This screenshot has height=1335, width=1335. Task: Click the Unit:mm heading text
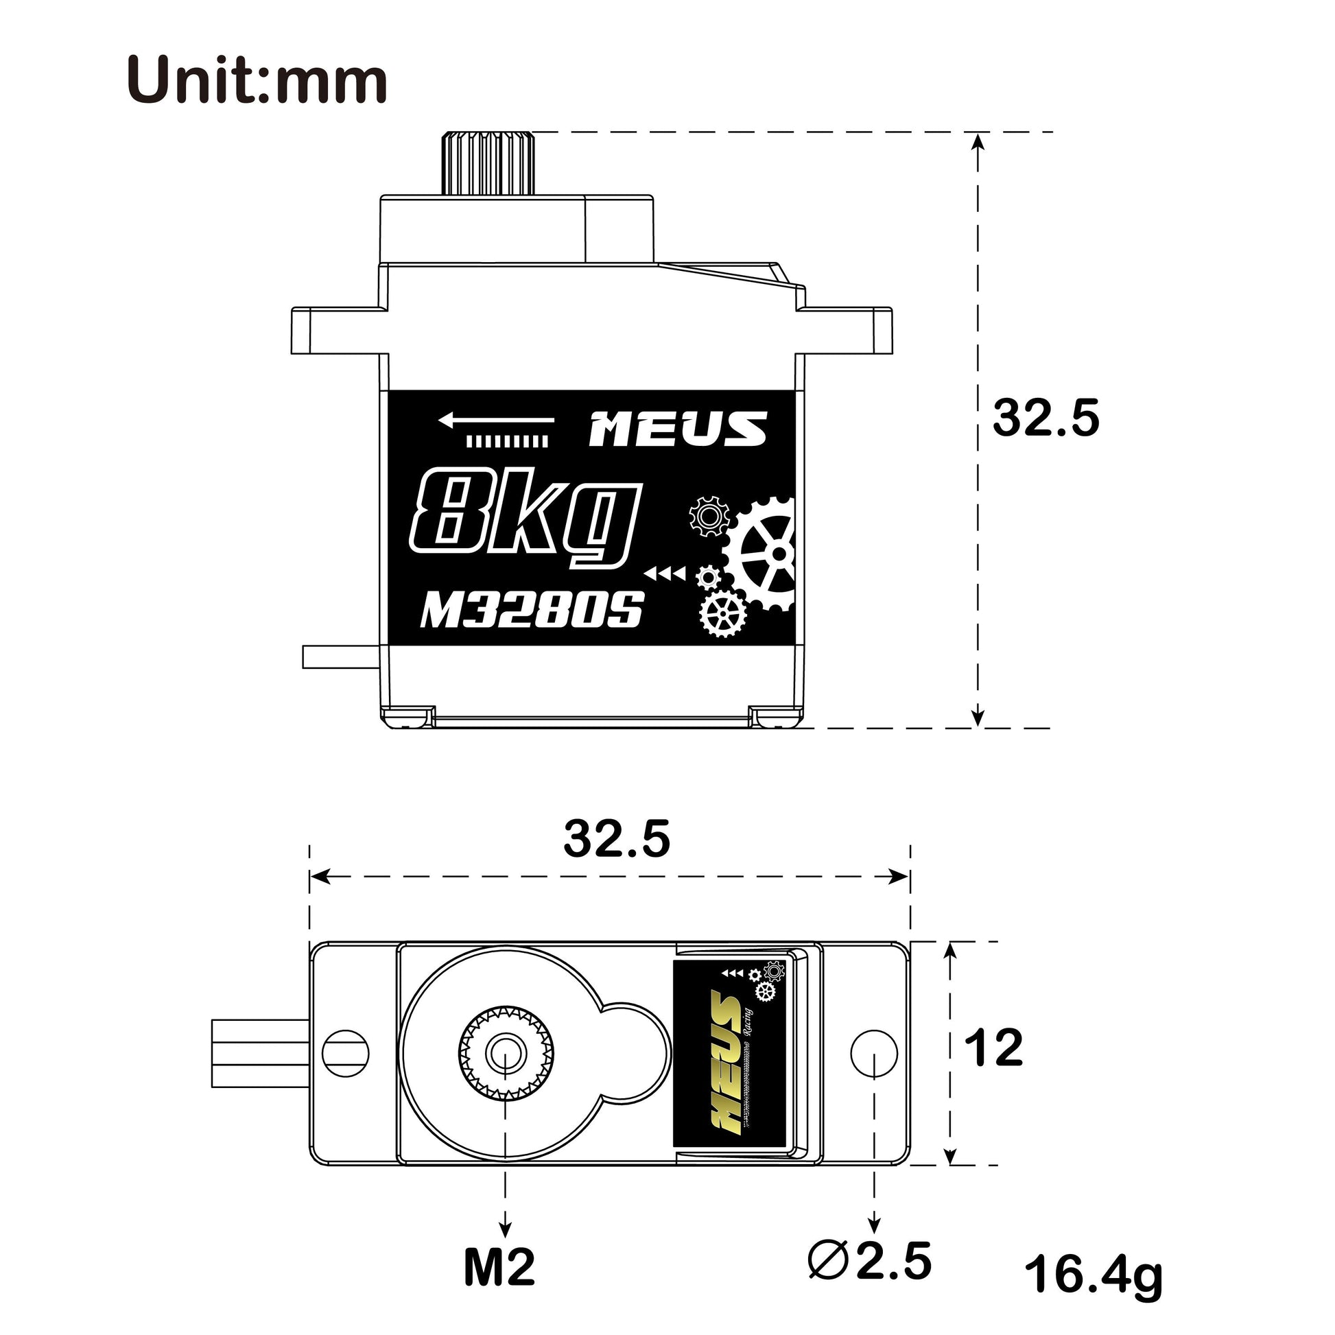pyautogui.click(x=257, y=81)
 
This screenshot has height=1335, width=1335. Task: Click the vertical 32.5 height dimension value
pyautogui.click(x=1044, y=418)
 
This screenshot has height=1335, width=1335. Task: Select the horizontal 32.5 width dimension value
pyautogui.click(x=616, y=840)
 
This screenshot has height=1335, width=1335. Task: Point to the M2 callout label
pyautogui.click(x=499, y=1267)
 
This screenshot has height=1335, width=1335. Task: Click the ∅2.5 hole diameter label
pyautogui.click(x=870, y=1260)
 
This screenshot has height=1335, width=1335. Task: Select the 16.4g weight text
pyautogui.click(x=1093, y=1275)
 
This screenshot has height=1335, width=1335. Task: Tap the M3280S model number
pyautogui.click(x=532, y=609)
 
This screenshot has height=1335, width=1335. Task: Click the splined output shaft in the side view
pyautogui.click(x=489, y=163)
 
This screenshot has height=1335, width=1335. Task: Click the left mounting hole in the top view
pyautogui.click(x=346, y=1053)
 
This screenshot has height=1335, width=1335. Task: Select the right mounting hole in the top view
pyautogui.click(x=873, y=1053)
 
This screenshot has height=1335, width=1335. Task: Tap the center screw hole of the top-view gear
pyautogui.click(x=505, y=1054)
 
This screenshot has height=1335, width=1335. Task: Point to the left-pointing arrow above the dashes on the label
pyautogui.click(x=495, y=419)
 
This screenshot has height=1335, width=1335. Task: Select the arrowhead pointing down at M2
pyautogui.click(x=505, y=1228)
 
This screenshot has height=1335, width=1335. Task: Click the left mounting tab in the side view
pyautogui.click(x=335, y=331)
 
